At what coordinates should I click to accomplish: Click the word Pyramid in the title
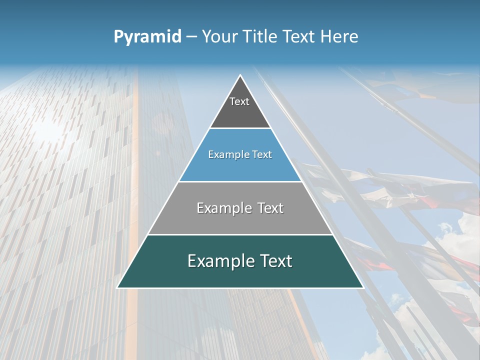[x=147, y=37]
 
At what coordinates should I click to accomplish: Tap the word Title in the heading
[x=262, y=36]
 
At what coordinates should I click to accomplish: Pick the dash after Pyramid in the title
[x=191, y=37]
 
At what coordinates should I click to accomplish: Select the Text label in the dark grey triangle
[x=239, y=101]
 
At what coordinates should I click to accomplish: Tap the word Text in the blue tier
[x=262, y=154]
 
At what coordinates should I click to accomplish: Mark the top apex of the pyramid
[x=240, y=75]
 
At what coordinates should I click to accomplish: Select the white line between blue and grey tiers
[x=240, y=181]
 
